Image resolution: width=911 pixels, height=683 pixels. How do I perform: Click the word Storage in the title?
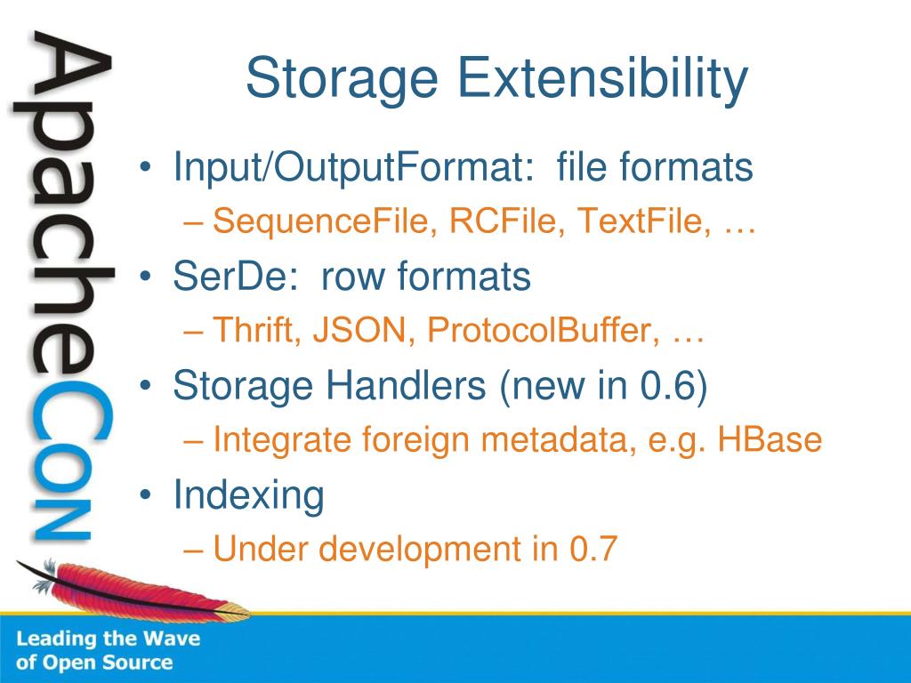(x=342, y=79)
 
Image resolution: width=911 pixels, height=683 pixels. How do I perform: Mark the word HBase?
(x=770, y=439)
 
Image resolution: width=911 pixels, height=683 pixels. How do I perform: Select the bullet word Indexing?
(x=249, y=494)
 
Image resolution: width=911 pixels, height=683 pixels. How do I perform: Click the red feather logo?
(x=133, y=590)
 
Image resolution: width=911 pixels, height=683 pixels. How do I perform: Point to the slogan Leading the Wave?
(x=108, y=639)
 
